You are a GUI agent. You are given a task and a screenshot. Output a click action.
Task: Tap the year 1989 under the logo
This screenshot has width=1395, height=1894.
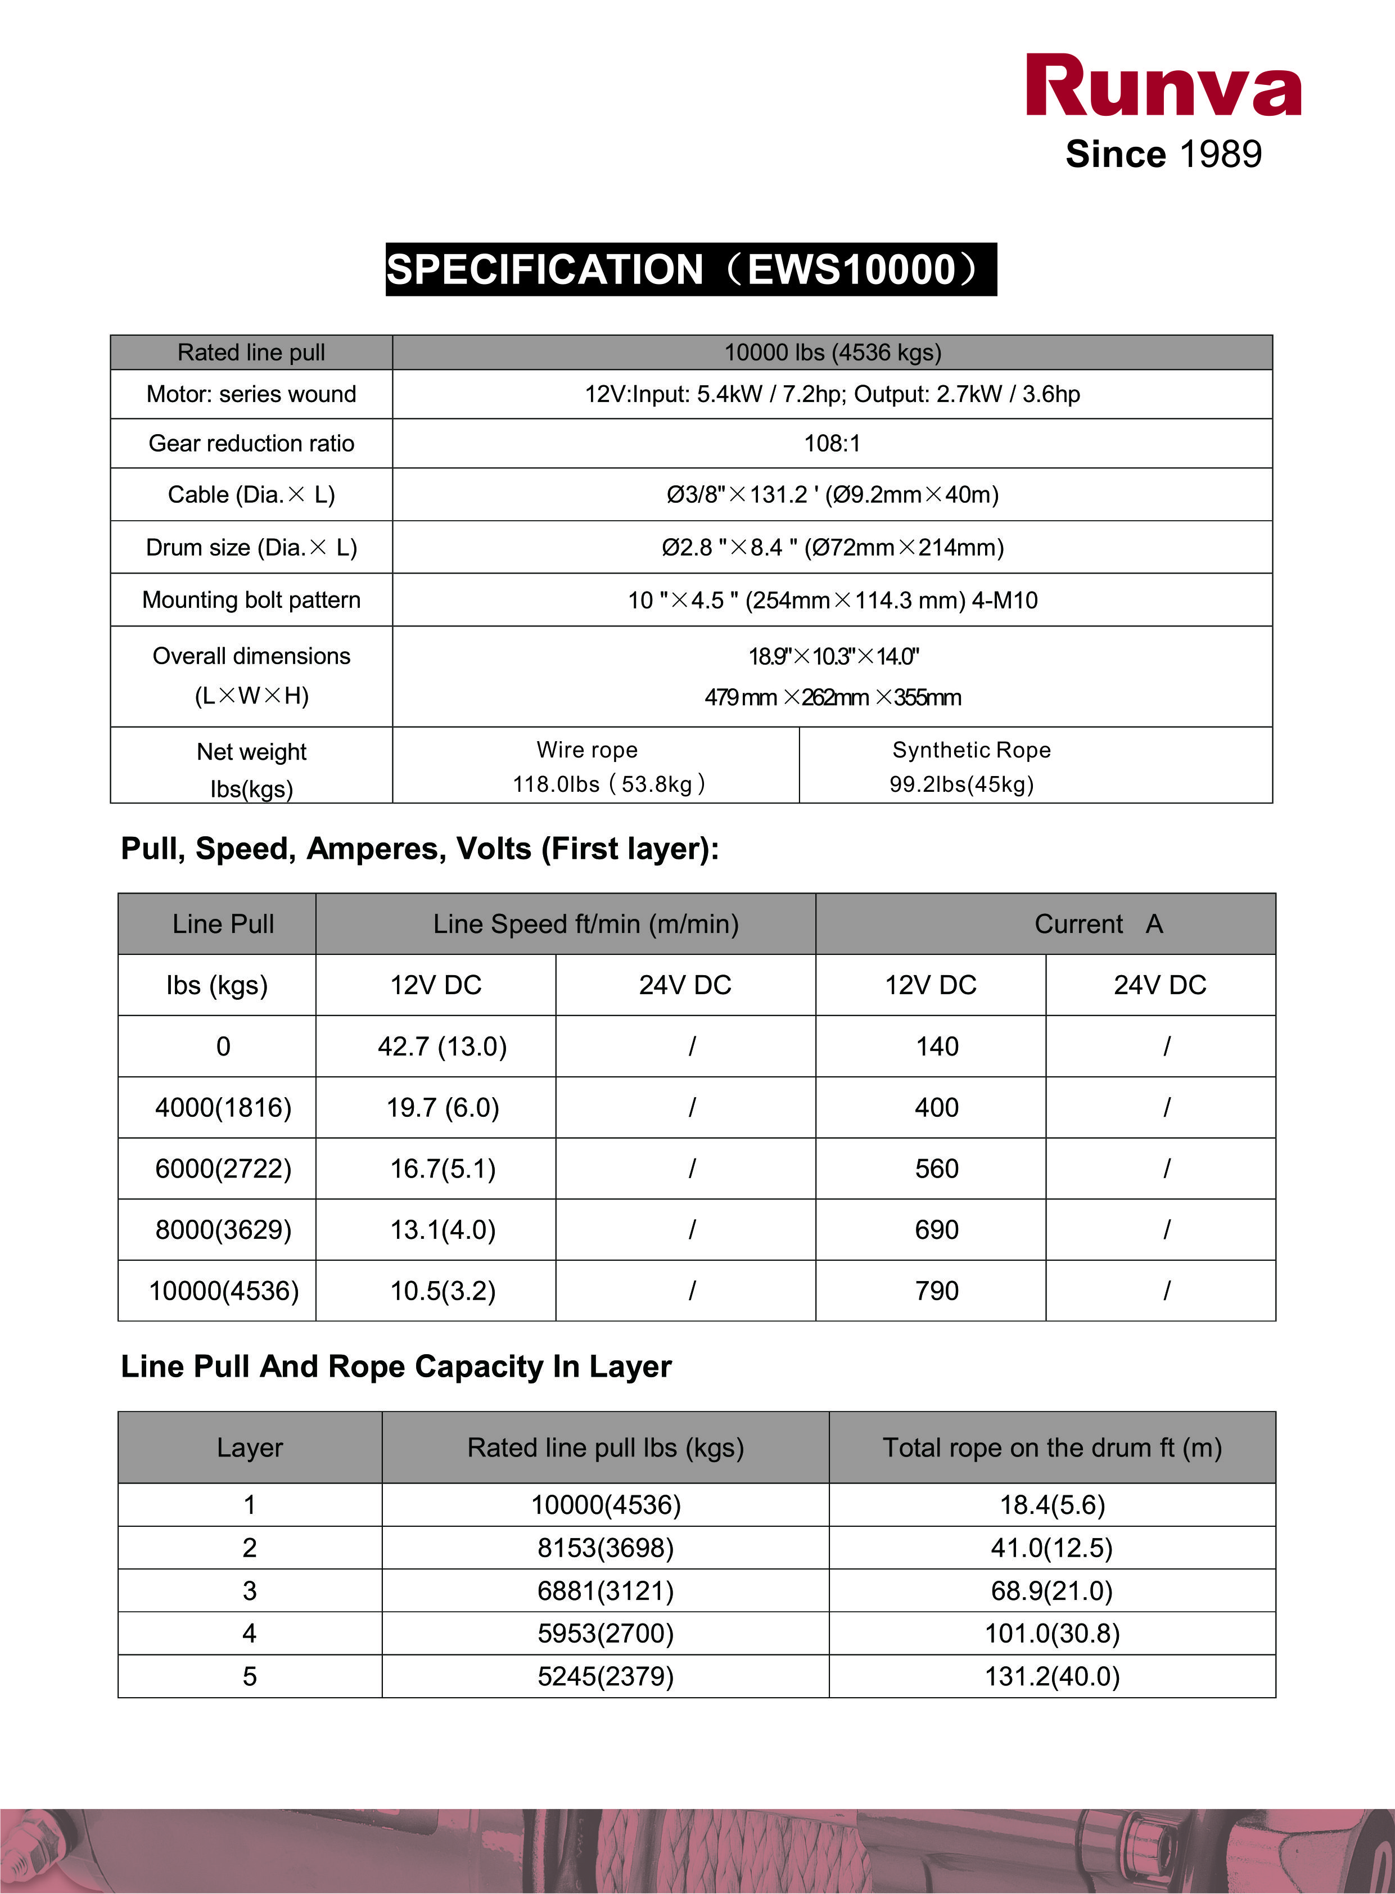[1220, 155]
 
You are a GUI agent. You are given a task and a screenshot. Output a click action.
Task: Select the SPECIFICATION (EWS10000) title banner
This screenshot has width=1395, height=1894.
[690, 269]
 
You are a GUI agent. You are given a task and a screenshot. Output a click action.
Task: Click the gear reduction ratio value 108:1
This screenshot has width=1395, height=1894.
[832, 443]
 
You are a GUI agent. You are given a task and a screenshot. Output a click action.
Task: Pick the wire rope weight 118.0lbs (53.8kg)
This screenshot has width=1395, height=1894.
[608, 784]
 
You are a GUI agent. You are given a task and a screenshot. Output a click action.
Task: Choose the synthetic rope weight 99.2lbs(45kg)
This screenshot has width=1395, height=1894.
[961, 784]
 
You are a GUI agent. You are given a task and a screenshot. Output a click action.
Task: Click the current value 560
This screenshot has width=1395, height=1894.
[937, 1169]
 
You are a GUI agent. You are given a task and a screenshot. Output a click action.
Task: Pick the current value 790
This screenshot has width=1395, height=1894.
[937, 1291]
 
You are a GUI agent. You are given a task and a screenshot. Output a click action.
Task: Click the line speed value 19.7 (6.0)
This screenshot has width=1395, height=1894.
[443, 1107]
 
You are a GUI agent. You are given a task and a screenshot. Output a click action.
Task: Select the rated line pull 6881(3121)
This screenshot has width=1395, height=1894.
[606, 1591]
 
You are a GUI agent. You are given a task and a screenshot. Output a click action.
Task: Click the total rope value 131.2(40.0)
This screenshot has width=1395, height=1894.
[1052, 1676]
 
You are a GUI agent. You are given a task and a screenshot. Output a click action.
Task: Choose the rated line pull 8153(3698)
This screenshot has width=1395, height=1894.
[606, 1548]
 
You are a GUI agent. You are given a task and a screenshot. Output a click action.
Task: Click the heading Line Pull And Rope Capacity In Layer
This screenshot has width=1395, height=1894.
[396, 1367]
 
